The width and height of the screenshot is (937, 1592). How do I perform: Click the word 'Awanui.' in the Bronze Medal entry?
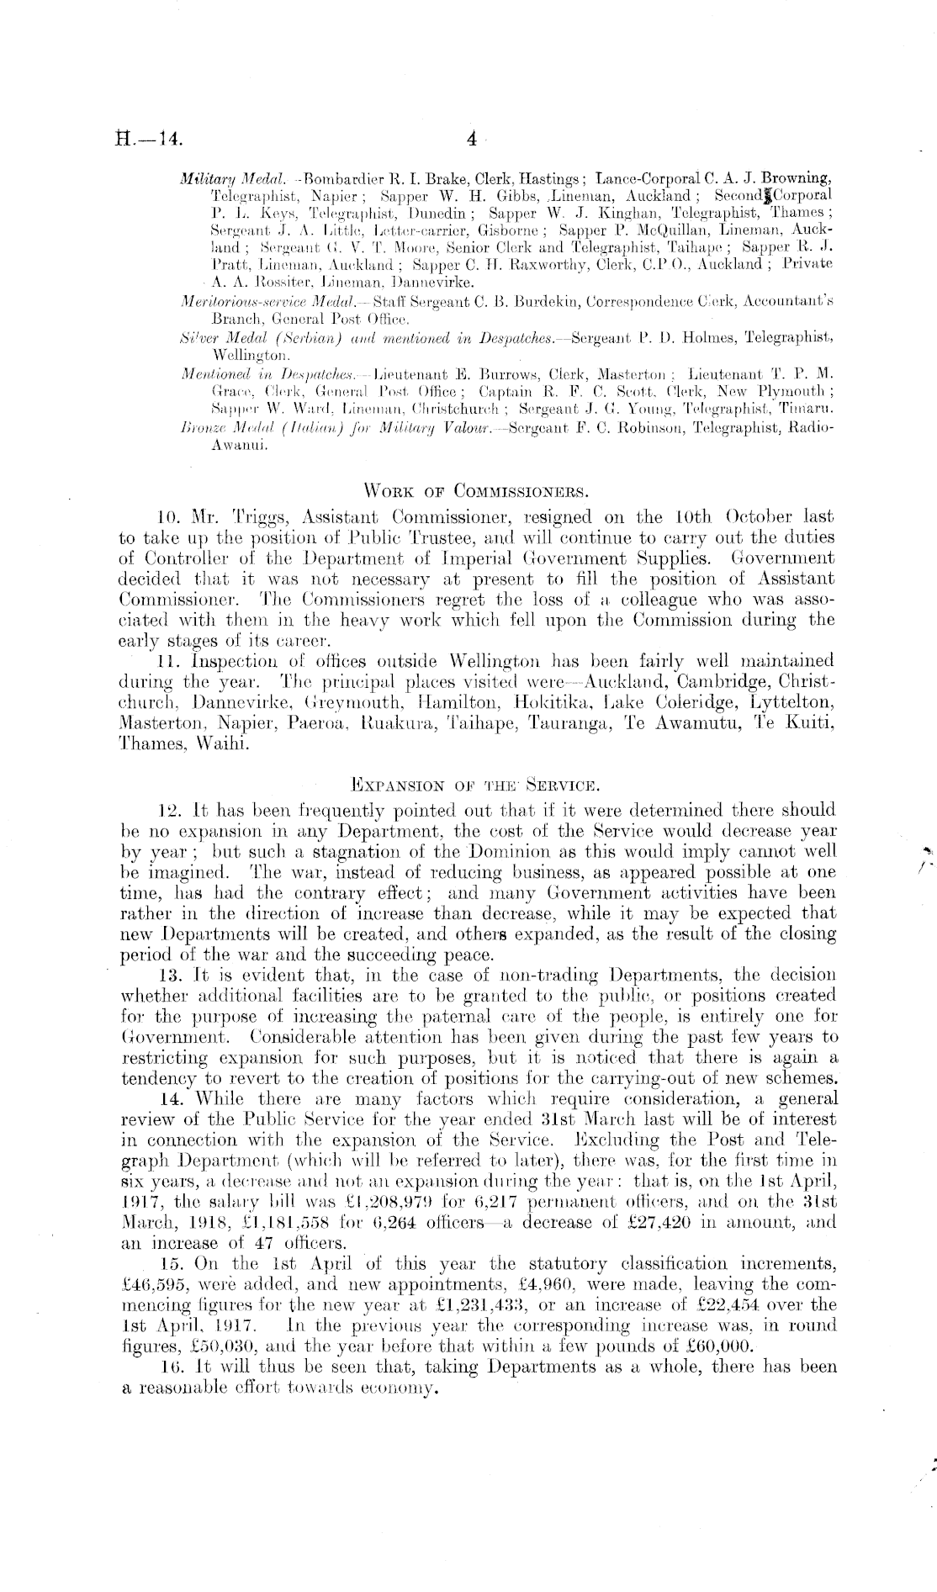coord(240,447)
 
